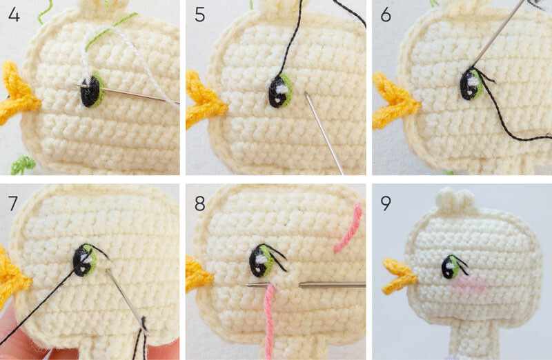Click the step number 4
[x=14, y=14]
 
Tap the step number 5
[x=199, y=14]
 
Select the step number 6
[x=386, y=14]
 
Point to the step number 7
[x=13, y=203]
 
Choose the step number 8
[x=199, y=203]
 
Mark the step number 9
[x=386, y=203]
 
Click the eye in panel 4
[x=92, y=91]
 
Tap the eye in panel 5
[x=280, y=91]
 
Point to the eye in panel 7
[x=85, y=261]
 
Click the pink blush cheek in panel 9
[x=469, y=285]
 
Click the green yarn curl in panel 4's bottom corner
[x=23, y=165]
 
